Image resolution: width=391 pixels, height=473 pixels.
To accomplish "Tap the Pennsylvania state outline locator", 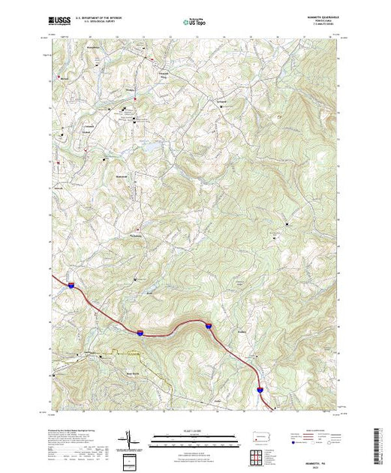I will tap(258, 437).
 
